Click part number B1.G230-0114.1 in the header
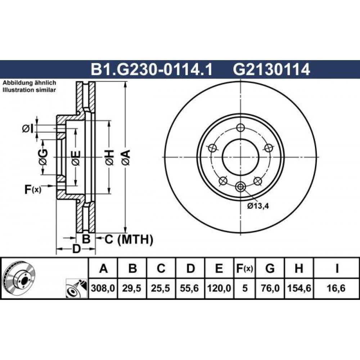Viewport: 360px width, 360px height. pyautogui.click(x=152, y=69)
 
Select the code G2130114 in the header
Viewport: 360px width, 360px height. pyautogui.click(x=271, y=69)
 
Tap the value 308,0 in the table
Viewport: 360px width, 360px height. pyautogui.click(x=103, y=288)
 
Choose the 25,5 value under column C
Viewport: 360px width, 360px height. pyautogui.click(x=161, y=288)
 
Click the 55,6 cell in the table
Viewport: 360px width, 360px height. pyautogui.click(x=189, y=288)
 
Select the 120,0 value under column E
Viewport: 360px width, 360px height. pyautogui.click(x=219, y=288)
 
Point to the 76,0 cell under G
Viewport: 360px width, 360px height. pyautogui.click(x=270, y=288)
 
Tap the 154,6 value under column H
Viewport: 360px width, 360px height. pyautogui.click(x=299, y=288)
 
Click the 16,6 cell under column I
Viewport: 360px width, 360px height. pyautogui.click(x=337, y=288)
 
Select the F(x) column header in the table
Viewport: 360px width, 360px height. pyautogui.click(x=244, y=268)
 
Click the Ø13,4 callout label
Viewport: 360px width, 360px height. pyautogui.click(x=258, y=206)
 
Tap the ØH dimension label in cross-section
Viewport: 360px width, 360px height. pyautogui.click(x=109, y=158)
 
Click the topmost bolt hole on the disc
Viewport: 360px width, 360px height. pyautogui.click(x=240, y=128)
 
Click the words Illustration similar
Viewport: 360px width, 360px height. pyautogui.click(x=29, y=90)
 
